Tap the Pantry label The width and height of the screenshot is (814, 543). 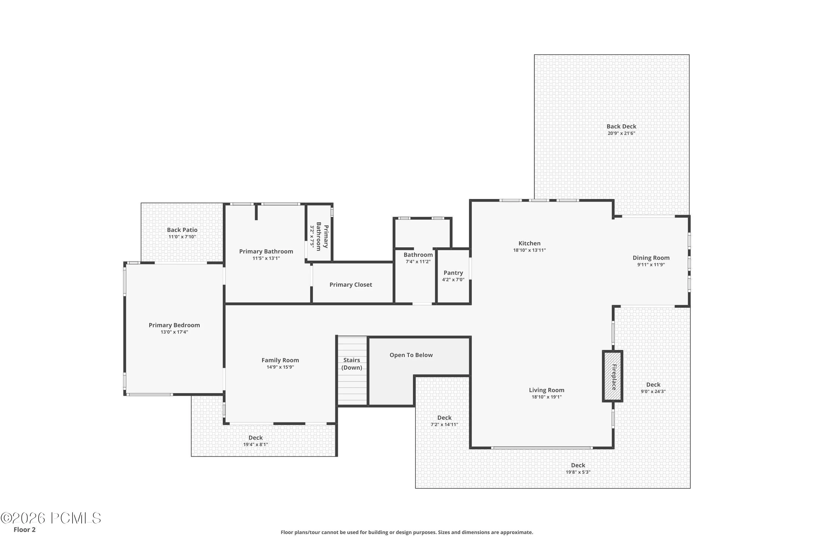click(x=453, y=273)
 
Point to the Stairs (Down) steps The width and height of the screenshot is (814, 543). click(x=352, y=370)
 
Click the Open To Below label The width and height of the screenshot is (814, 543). click(x=411, y=355)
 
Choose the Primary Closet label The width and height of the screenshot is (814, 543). click(x=351, y=285)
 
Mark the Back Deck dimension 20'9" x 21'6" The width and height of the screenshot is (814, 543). click(x=621, y=133)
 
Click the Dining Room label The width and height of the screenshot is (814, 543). click(x=651, y=258)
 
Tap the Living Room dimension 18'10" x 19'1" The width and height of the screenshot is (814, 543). click(x=546, y=397)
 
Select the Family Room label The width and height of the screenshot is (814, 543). click(x=280, y=360)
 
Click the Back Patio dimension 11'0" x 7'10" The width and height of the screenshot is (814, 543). click(x=182, y=237)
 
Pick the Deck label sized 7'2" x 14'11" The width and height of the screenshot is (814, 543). click(x=444, y=418)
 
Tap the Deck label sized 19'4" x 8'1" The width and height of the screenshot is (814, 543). click(x=255, y=438)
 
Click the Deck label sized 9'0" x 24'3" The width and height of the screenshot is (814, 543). click(x=653, y=385)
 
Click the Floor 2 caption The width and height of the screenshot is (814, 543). click(x=25, y=529)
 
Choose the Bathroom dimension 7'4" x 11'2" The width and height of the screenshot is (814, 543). click(x=418, y=261)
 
